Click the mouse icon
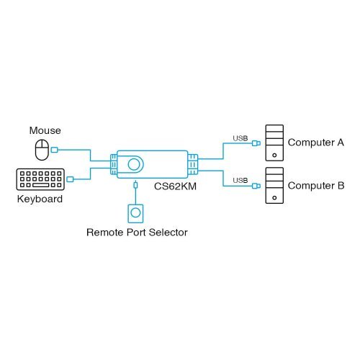click(x=42, y=150)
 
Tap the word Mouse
click(x=45, y=130)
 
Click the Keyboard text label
click(x=40, y=199)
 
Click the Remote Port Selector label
click(x=137, y=233)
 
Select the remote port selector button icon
click(x=135, y=213)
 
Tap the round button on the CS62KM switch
click(x=133, y=164)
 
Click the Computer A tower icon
click(x=274, y=143)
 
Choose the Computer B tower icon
click(x=274, y=184)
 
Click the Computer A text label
click(x=315, y=143)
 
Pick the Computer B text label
click(x=315, y=185)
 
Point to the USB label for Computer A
click(x=240, y=138)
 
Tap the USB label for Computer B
click(x=240, y=180)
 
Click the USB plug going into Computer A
click(x=257, y=143)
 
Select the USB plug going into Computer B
click(x=257, y=185)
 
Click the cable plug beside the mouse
click(x=56, y=150)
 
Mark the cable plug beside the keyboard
click(x=70, y=179)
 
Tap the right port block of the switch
click(x=192, y=164)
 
